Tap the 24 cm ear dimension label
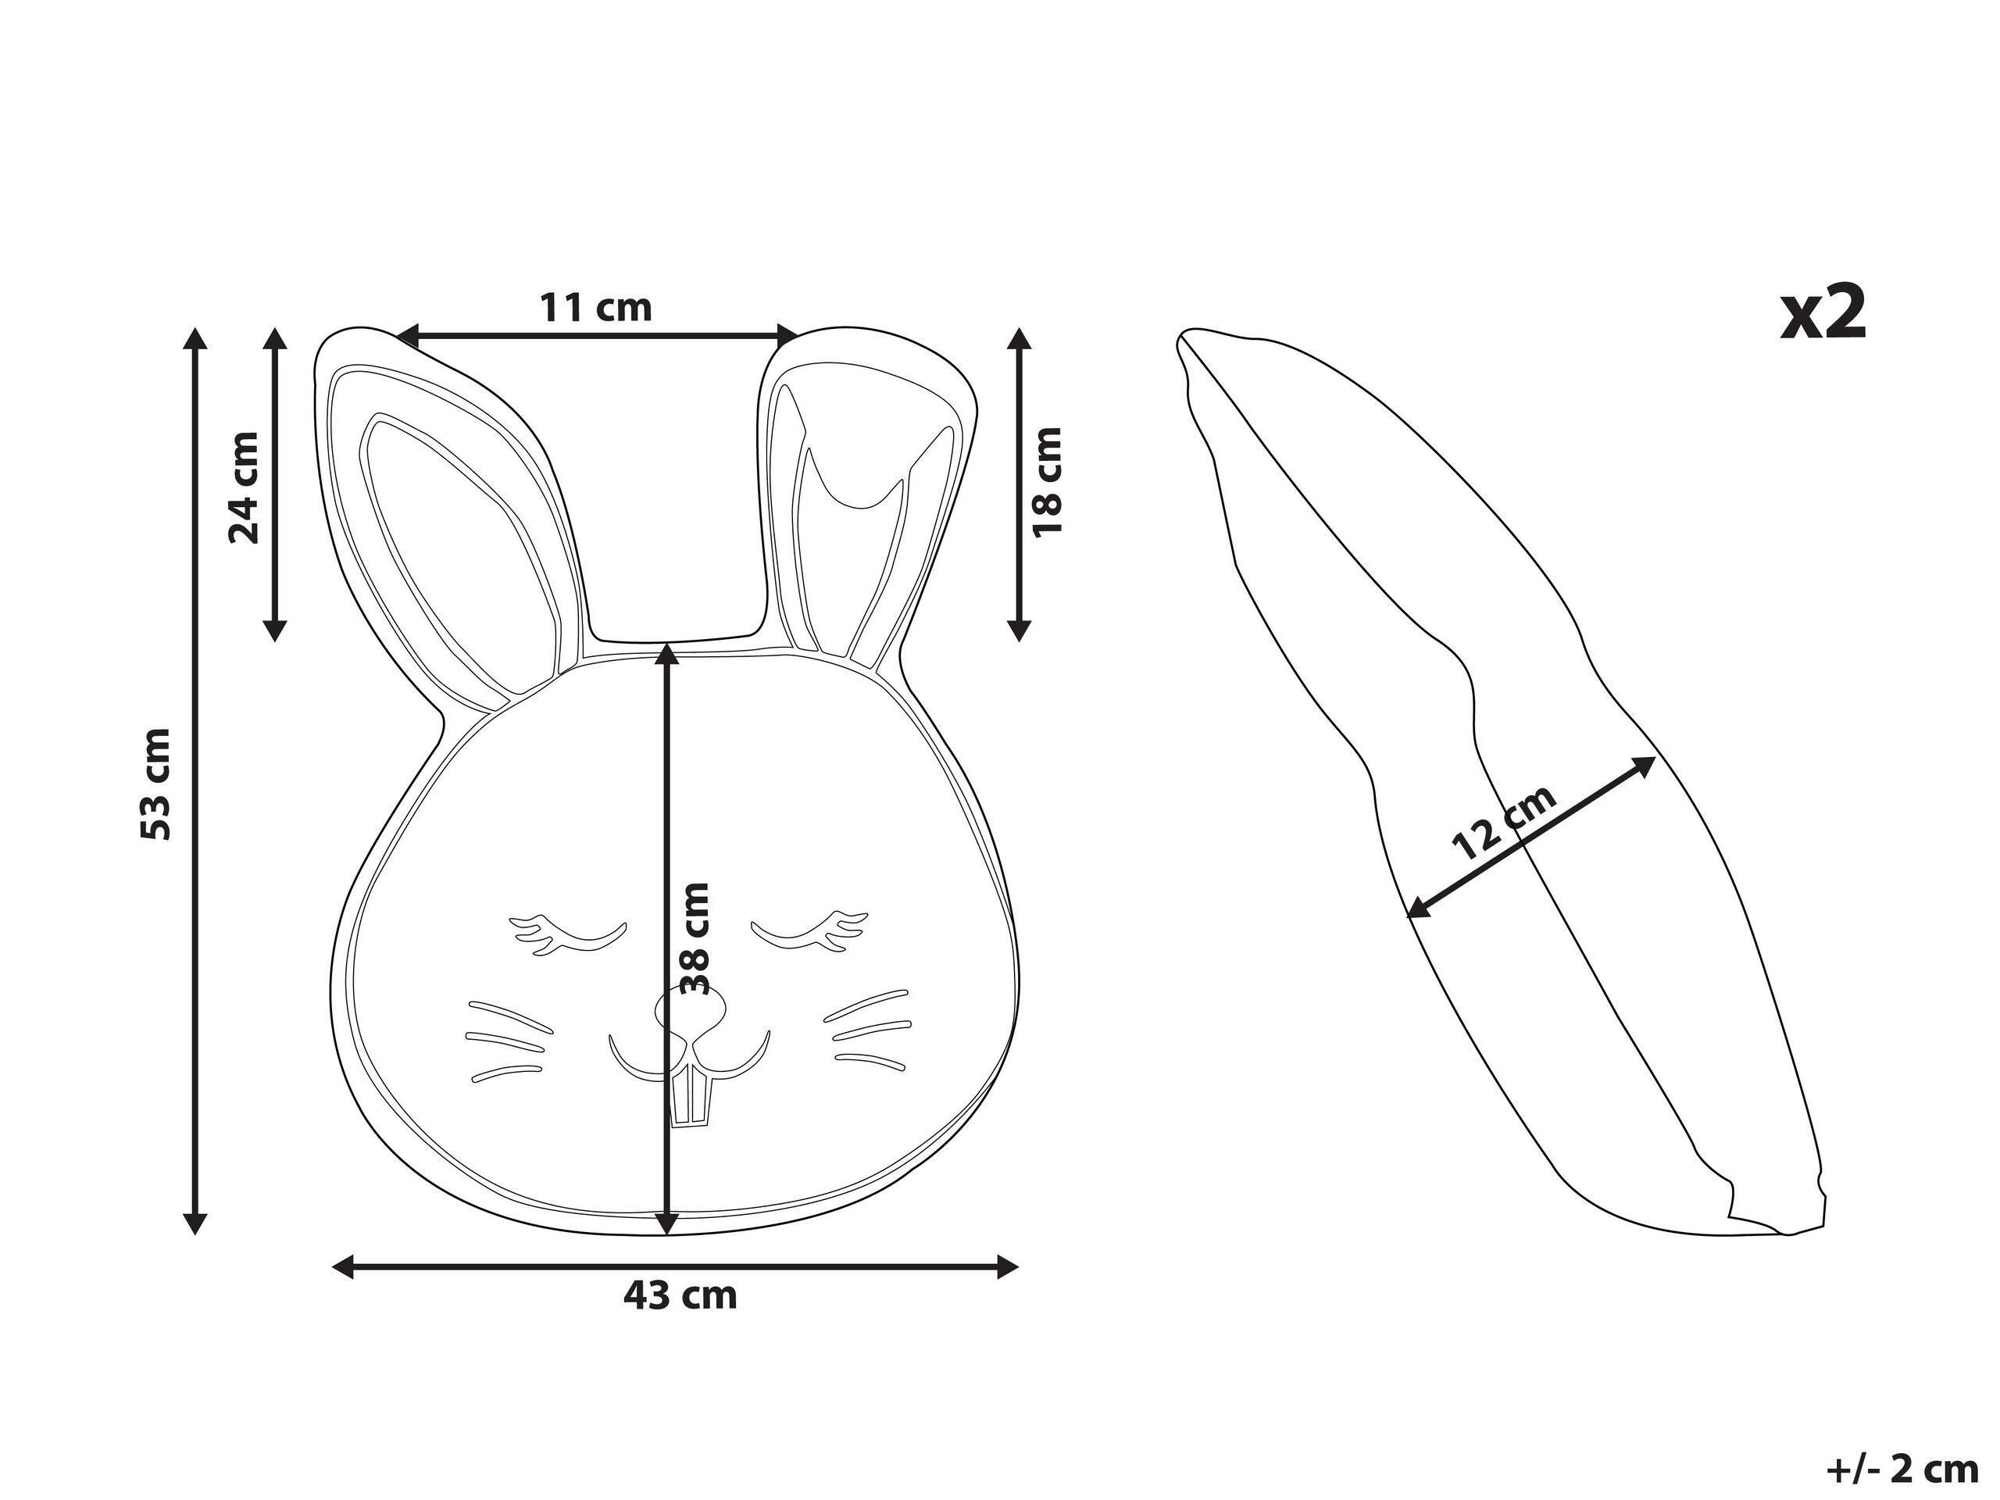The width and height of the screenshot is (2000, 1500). (x=244, y=487)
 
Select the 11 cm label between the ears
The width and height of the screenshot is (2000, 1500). (x=596, y=307)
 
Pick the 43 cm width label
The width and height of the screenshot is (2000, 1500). (x=680, y=1295)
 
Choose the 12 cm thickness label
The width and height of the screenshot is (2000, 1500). (x=1504, y=822)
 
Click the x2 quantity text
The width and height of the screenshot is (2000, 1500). (x=1823, y=312)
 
